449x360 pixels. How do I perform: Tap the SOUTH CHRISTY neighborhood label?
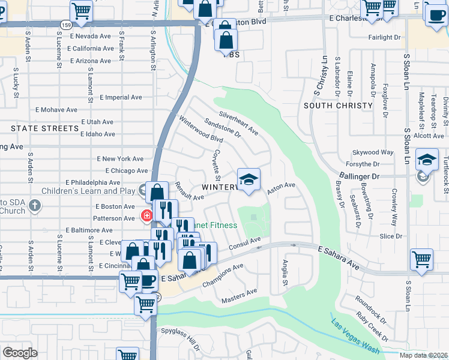pyautogui.click(x=338, y=106)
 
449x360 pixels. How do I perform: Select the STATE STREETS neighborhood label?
pyautogui.click(x=45, y=128)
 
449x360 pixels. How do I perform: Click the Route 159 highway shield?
pyautogui.click(x=65, y=24)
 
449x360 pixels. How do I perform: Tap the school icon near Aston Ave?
pyautogui.click(x=249, y=179)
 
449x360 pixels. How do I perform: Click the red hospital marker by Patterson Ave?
pyautogui.click(x=145, y=215)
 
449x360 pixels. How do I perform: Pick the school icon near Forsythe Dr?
pyautogui.click(x=427, y=160)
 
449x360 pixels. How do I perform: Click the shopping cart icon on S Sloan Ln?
pyautogui.click(x=422, y=260)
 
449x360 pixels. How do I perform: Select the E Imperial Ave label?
pyautogui.click(x=121, y=97)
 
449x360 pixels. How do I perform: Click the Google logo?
pyautogui.click(x=20, y=353)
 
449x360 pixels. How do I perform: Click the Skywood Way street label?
pyautogui.click(x=373, y=153)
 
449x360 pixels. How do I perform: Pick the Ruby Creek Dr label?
pyautogui.click(x=371, y=325)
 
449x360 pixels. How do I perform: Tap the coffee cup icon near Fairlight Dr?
pyautogui.click(x=436, y=14)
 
